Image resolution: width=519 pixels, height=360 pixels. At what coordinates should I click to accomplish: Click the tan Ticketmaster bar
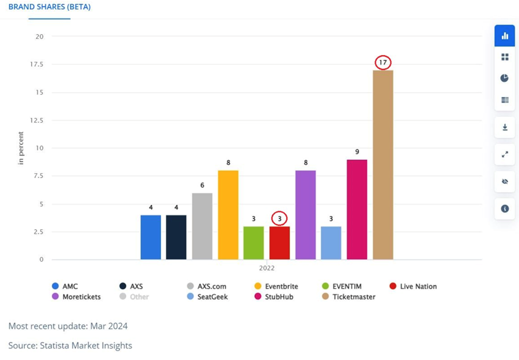383,165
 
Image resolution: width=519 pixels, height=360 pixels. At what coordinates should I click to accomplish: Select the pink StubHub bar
357,209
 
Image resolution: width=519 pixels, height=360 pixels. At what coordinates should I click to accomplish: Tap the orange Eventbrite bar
228,215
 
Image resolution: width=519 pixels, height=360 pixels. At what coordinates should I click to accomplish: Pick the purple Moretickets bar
306,215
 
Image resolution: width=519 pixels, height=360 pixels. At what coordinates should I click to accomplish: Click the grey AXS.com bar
202,226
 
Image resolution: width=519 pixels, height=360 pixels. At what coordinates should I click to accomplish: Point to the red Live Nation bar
279,243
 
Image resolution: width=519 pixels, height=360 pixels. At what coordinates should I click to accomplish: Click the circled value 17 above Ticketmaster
383,62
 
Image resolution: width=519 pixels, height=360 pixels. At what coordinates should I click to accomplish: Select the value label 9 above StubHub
357,151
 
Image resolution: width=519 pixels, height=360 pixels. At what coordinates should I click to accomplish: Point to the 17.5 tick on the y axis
37,64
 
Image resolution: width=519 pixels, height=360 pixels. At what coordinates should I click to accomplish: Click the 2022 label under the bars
267,268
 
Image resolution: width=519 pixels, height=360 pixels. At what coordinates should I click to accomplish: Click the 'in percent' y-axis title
21,148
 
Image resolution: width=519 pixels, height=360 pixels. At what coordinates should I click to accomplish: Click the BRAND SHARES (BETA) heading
49,7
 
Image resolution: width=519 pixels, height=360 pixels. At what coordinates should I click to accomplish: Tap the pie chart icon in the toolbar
504,78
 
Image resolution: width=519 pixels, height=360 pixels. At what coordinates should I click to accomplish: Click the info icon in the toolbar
504,209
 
